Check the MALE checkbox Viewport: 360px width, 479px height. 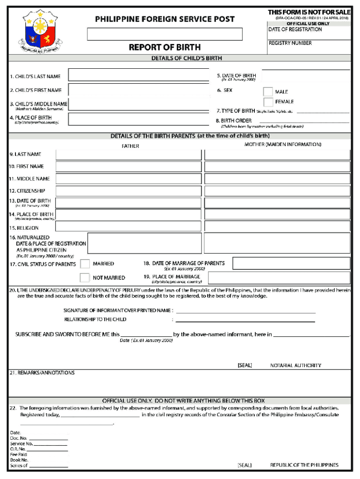pyautogui.click(x=268, y=92)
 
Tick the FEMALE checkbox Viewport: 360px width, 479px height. pyautogui.click(x=268, y=102)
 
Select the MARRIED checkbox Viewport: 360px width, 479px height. pyautogui.click(x=85, y=264)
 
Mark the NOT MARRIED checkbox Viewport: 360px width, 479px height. pyautogui.click(x=85, y=278)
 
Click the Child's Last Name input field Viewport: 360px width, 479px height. pyautogui.click(x=139, y=75)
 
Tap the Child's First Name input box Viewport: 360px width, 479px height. pyautogui.click(x=139, y=90)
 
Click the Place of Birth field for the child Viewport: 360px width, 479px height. pyautogui.click(x=139, y=119)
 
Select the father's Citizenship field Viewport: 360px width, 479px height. pyautogui.click(x=129, y=191)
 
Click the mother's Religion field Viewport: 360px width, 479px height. pyautogui.click(x=277, y=226)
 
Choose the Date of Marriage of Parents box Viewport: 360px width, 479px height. pyautogui.click(x=291, y=263)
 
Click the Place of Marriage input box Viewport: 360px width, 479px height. pyautogui.click(x=279, y=278)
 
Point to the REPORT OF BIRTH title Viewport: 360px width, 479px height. pyautogui.click(x=165, y=47)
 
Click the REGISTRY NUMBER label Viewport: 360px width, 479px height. pyautogui.click(x=290, y=43)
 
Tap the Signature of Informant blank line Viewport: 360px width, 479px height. pyautogui.click(x=245, y=311)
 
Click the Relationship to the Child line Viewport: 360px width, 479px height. pyautogui.click(x=245, y=320)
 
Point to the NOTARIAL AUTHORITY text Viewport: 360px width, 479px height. pyautogui.click(x=295, y=365)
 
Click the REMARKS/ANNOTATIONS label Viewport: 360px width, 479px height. pyautogui.click(x=42, y=373)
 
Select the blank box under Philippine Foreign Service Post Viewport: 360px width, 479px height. pyautogui.click(x=165, y=34)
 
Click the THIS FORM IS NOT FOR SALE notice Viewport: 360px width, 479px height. pyautogui.click(x=309, y=12)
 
